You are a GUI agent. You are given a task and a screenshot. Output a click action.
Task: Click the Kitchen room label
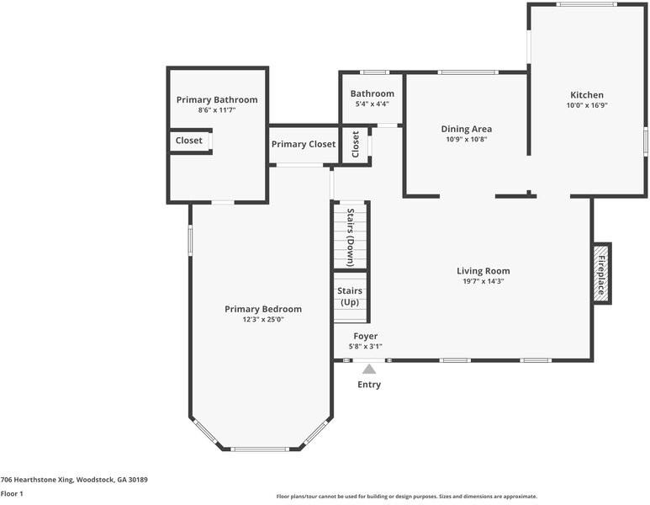tap(587, 95)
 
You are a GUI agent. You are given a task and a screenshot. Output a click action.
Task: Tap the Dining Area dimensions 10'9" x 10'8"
tap(467, 140)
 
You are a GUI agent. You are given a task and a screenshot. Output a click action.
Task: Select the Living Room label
tap(484, 271)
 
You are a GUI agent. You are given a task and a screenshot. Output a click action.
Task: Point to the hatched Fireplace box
tap(601, 274)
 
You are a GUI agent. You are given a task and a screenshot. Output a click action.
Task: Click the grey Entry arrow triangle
tap(369, 369)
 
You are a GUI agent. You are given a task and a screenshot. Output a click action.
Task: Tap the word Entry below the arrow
tap(369, 385)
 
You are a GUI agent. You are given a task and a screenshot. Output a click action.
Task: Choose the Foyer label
tap(365, 336)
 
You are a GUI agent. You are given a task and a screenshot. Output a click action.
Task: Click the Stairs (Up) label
tap(350, 297)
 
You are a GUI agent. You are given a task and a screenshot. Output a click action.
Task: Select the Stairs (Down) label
tap(351, 237)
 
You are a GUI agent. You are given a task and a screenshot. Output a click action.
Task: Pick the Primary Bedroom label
tap(263, 309)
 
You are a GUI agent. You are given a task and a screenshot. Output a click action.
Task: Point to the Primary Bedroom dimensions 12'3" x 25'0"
tap(263, 320)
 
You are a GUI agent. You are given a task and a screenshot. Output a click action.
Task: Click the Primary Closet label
tap(304, 145)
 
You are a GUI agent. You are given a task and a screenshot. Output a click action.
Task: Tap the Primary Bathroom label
tap(217, 100)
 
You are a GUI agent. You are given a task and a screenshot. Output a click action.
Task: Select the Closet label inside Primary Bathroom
tap(189, 141)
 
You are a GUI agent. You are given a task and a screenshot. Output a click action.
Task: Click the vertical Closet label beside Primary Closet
tap(355, 145)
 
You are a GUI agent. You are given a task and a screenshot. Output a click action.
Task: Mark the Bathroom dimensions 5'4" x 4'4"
tap(373, 104)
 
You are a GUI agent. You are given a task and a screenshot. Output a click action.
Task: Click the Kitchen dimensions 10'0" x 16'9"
tap(587, 105)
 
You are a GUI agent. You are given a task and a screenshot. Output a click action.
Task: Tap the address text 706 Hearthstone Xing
tap(37, 480)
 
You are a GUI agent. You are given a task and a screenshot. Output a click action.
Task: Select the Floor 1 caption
tap(12, 494)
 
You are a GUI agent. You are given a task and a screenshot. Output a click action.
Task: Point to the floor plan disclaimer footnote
tap(407, 497)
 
